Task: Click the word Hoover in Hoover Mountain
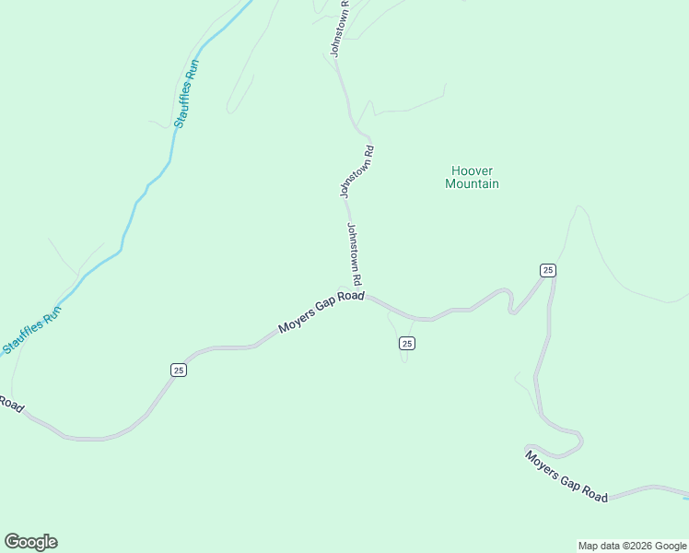click(x=472, y=171)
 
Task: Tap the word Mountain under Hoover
click(x=472, y=184)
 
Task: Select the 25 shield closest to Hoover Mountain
click(x=548, y=270)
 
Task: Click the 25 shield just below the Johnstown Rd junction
click(x=407, y=343)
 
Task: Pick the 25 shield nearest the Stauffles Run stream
click(x=179, y=370)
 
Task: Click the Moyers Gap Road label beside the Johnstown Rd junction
click(x=321, y=314)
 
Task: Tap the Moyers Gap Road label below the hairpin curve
click(x=566, y=475)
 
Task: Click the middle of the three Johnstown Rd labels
click(x=357, y=171)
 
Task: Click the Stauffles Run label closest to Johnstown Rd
click(x=186, y=94)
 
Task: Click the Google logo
click(x=30, y=542)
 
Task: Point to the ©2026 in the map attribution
click(x=635, y=546)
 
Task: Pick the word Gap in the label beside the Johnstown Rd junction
click(x=325, y=312)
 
